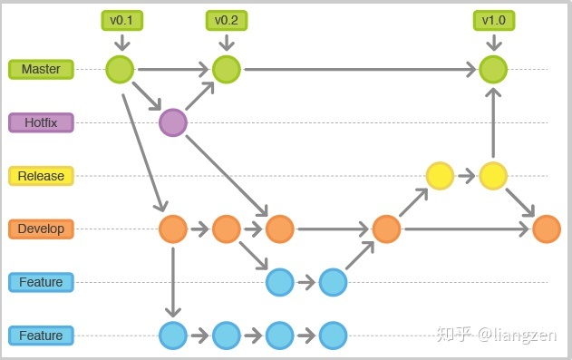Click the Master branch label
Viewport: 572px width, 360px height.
(41, 69)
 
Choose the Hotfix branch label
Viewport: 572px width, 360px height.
(41, 122)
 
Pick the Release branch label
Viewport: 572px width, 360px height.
(41, 176)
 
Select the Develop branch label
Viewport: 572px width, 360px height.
(41, 229)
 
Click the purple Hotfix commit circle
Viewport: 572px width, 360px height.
(172, 122)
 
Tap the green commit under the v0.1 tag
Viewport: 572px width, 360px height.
(120, 69)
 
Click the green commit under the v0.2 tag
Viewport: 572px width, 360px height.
(226, 69)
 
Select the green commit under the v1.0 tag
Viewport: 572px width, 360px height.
(493, 69)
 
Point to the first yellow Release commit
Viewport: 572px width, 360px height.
(440, 176)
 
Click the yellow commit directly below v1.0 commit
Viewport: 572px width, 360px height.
(493, 176)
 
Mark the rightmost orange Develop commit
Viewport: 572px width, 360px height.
(547, 229)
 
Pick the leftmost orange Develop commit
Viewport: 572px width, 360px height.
(172, 229)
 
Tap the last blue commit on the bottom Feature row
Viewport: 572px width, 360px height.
(334, 336)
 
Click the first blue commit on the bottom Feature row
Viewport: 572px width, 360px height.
(172, 336)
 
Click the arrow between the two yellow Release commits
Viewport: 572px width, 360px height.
(466, 176)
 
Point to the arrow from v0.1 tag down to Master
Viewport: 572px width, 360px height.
(121, 43)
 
